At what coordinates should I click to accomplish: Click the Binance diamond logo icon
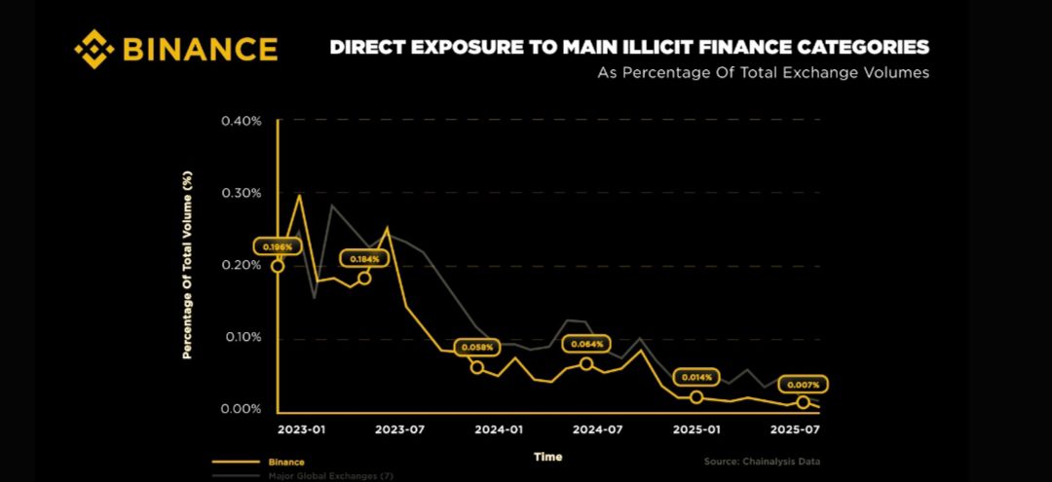pos(94,49)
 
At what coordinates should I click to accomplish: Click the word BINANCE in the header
pos(200,49)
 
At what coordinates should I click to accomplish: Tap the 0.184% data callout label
pos(365,258)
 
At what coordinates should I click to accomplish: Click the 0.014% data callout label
pos(696,377)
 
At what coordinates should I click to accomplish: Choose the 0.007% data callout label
pos(804,384)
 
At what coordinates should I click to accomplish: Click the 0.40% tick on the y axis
pos(242,121)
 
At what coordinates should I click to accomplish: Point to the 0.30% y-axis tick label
pos(242,193)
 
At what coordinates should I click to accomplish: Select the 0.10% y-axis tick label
pos(242,337)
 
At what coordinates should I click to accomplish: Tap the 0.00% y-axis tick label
pos(242,409)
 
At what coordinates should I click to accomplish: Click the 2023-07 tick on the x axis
pos(399,429)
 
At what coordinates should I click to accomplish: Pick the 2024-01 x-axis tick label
pos(500,429)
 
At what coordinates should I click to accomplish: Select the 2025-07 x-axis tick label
pos(795,429)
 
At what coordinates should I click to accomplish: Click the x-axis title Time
pos(547,456)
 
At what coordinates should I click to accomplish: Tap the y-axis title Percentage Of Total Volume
pos(188,265)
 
